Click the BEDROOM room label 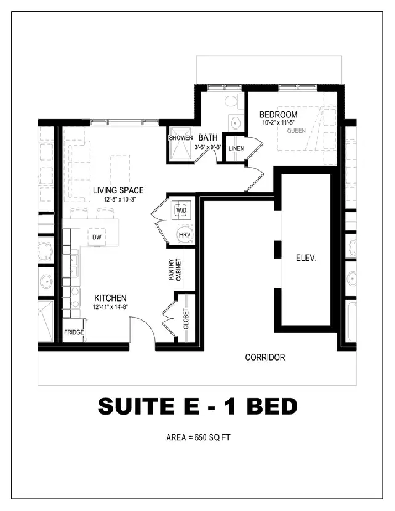tap(279, 115)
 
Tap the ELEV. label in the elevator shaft tap(306, 258)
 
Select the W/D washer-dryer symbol tap(182, 211)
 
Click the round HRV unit tap(185, 235)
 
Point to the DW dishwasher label tap(97, 237)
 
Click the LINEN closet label tap(237, 149)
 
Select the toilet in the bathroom tap(231, 100)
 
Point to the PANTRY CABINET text tap(175, 270)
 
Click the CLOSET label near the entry tap(186, 319)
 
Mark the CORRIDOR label tap(265, 358)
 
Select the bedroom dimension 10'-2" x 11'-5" tap(279, 123)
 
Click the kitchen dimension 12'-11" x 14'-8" tap(111, 306)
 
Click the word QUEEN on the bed tap(296, 131)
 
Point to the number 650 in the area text tap(201, 437)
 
